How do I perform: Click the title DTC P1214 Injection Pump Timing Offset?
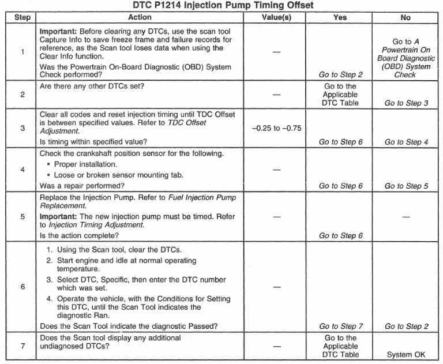coord(221,6)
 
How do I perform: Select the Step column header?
coord(22,17)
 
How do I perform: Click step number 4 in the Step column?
coord(22,170)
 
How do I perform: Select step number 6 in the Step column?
coord(22,287)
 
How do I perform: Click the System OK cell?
coord(406,355)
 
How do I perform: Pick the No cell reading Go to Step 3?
coord(406,103)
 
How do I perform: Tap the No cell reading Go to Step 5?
coord(406,186)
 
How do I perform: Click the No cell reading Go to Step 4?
coord(406,142)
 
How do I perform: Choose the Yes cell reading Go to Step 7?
coord(340,327)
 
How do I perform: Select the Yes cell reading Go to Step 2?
coord(340,74)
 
